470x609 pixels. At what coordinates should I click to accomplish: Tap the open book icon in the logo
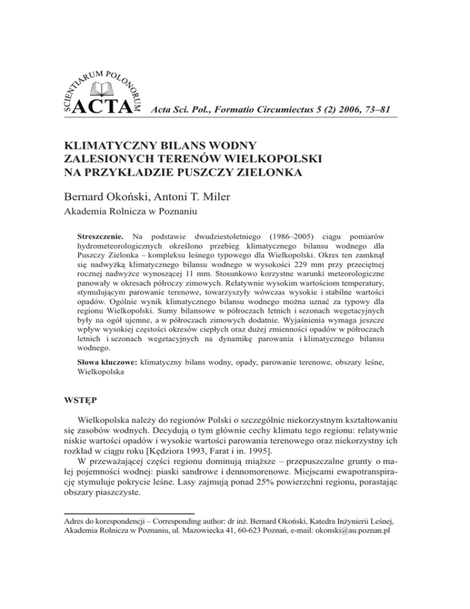(x=104, y=90)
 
